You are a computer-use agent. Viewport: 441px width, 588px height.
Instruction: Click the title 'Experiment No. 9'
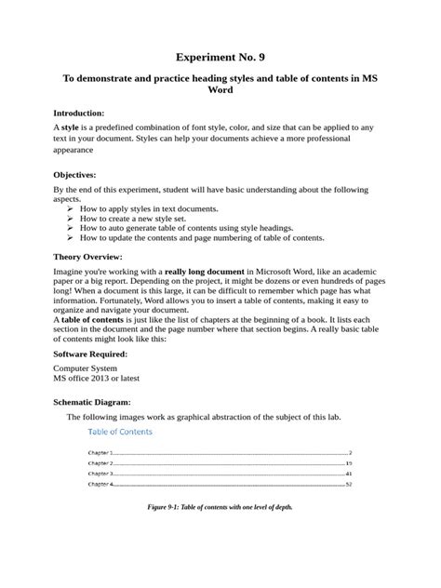220,57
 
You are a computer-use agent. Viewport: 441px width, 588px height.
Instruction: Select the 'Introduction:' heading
85,112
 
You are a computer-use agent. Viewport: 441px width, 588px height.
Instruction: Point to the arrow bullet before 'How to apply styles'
71,209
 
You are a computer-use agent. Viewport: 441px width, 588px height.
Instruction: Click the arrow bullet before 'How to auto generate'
71,228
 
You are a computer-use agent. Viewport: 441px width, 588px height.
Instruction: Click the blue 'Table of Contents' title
120,432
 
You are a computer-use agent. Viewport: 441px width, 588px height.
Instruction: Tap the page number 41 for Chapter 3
348,474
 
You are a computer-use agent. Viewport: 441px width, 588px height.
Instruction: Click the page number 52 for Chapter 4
348,485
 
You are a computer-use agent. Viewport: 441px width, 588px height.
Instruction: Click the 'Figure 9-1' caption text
220,513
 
